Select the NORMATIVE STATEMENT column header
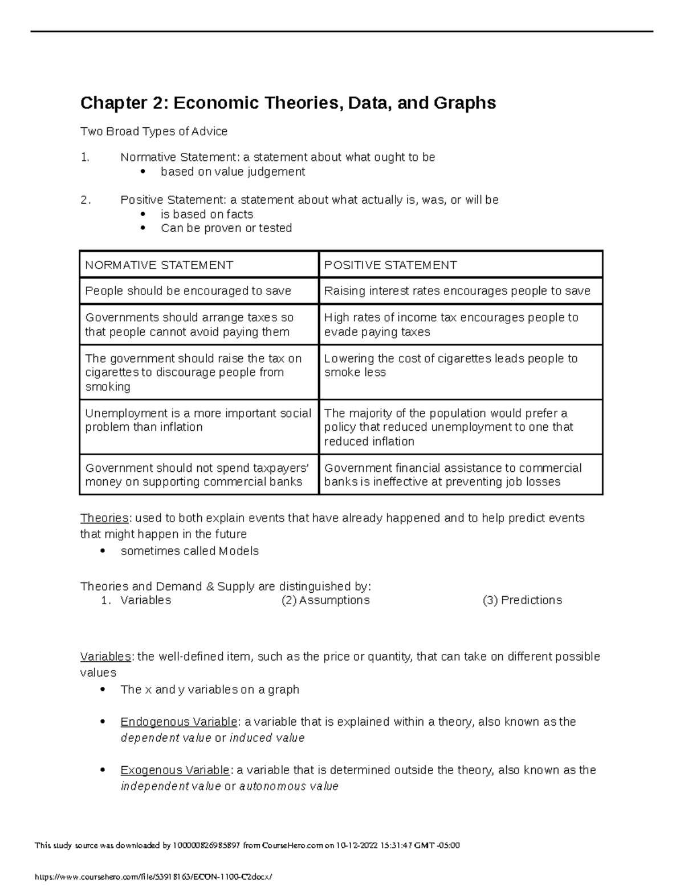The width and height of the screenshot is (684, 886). [159, 265]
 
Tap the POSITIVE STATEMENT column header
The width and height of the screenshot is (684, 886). [390, 265]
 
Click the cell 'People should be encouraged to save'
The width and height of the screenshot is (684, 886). [188, 291]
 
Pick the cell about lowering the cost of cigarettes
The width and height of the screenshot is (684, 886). [450, 366]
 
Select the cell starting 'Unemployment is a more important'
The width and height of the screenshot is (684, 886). [198, 420]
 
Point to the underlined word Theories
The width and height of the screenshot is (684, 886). [104, 518]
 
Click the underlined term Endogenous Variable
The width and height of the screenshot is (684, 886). [179, 722]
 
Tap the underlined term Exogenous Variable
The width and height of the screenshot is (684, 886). [175, 770]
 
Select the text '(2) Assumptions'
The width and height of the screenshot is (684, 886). [325, 600]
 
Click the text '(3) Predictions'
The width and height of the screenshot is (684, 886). [522, 600]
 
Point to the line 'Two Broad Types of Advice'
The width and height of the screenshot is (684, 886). [154, 132]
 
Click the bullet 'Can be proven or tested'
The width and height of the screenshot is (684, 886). [226, 228]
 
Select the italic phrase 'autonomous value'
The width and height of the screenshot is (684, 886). [289, 787]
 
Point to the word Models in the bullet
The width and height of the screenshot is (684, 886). [238, 551]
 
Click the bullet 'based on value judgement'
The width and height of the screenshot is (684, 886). [233, 172]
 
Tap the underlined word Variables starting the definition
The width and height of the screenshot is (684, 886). [105, 657]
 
